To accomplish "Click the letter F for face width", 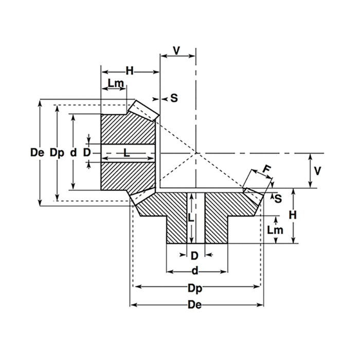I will point(265,169).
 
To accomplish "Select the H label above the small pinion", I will point(130,71).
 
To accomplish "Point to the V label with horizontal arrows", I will point(177,50).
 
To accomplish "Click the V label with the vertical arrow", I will point(317,171).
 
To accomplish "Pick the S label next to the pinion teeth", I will point(174,98).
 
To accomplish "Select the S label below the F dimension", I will point(278,199).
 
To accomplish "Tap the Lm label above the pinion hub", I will point(115,83).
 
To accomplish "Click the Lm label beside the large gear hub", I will point(276,230).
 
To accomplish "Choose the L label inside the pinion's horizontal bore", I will point(127,152).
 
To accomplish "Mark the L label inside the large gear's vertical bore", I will point(191,218).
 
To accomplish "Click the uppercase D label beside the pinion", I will point(87,153).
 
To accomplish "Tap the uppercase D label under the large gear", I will point(194,256).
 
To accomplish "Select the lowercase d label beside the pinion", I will point(74,153).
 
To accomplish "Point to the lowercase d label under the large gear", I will point(195,271).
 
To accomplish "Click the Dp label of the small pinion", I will point(57,153).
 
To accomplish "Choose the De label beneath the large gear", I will point(195,305).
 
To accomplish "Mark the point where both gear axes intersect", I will point(195,153).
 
